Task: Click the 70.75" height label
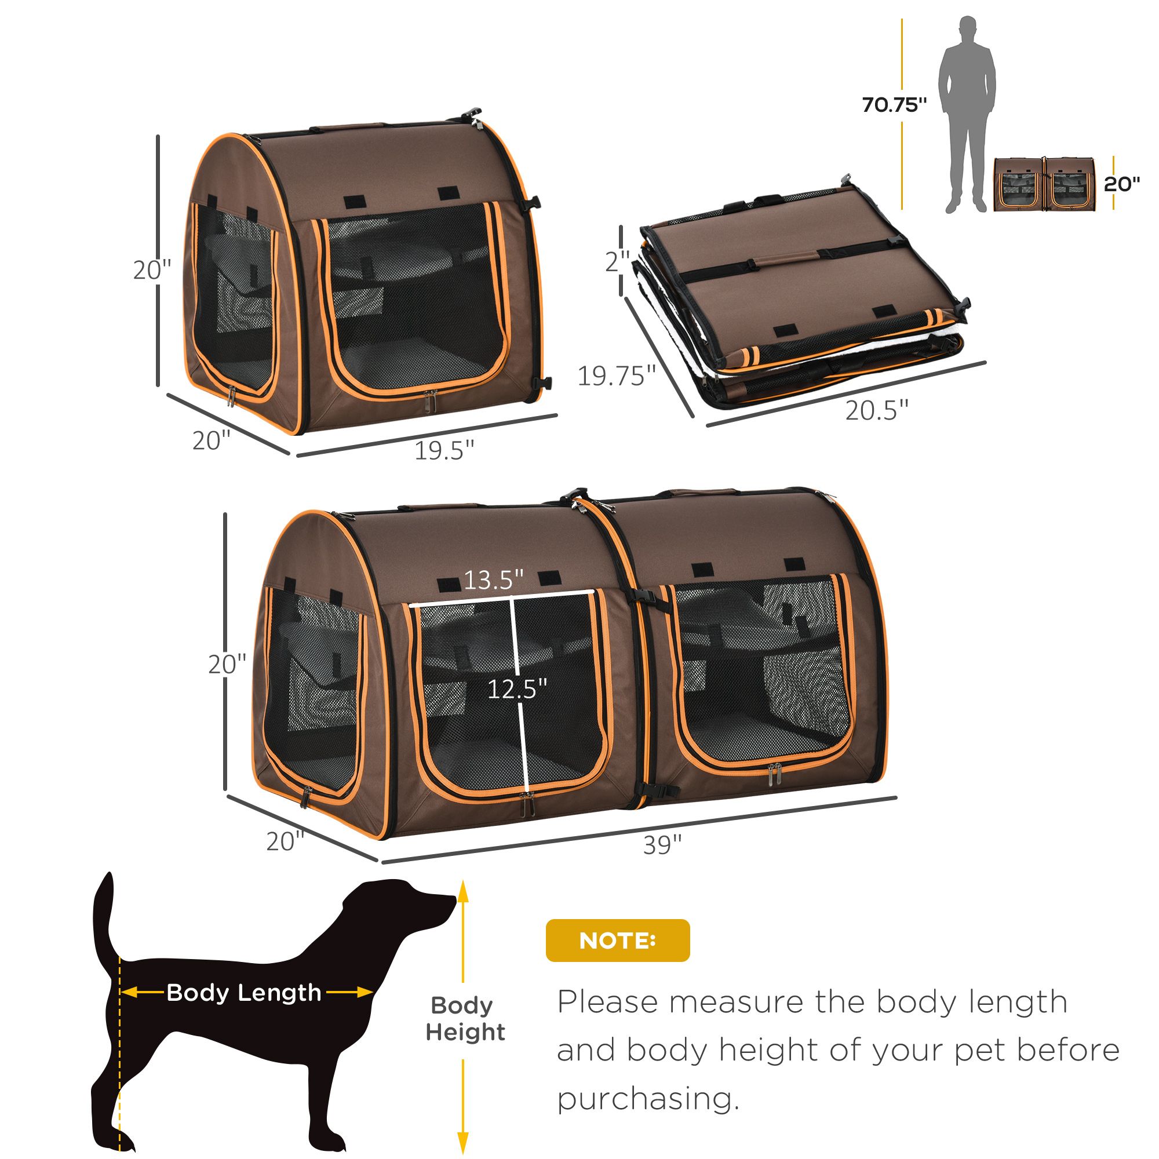coord(894,105)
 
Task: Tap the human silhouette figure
coord(967,115)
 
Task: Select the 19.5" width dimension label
coord(444,449)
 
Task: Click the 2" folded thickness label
coord(617,262)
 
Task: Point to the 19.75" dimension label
coord(617,376)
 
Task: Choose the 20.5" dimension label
coord(877,410)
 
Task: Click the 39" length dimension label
coord(662,845)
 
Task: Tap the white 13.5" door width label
coord(494,580)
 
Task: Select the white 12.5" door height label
coord(517,689)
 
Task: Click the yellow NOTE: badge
coord(617,940)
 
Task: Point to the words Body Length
coord(244,992)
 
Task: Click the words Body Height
coord(465,1019)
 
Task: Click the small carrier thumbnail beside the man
coord(1044,184)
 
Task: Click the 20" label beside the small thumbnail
coord(1122,184)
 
